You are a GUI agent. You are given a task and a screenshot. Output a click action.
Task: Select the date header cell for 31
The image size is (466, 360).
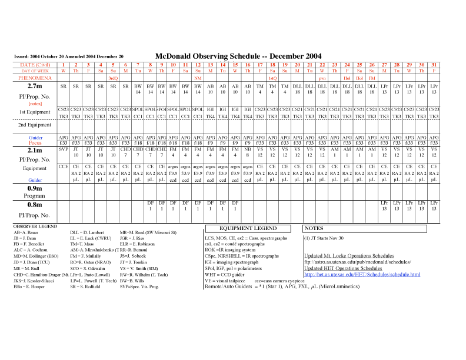(434, 64)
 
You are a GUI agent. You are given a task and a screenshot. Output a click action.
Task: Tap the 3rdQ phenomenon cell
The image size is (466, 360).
(113, 78)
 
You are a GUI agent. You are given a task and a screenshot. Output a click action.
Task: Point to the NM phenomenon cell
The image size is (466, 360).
(198, 78)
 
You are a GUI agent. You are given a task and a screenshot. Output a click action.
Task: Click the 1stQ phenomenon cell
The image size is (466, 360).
(272, 78)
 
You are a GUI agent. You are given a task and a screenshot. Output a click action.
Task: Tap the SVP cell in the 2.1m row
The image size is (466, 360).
(64, 149)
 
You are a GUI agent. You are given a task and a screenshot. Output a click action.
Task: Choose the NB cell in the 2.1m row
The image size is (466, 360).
(248, 149)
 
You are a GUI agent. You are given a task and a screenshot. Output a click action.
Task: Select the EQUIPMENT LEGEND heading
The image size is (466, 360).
(248, 228)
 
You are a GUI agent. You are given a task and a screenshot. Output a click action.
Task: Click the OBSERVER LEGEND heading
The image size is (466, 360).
(35, 226)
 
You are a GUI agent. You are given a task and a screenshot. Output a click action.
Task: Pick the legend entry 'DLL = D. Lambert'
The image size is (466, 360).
(88, 233)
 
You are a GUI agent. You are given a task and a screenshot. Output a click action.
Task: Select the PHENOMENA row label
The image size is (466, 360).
(35, 78)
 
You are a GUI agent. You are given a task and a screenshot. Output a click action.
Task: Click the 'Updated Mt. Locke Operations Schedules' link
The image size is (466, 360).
(349, 256)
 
